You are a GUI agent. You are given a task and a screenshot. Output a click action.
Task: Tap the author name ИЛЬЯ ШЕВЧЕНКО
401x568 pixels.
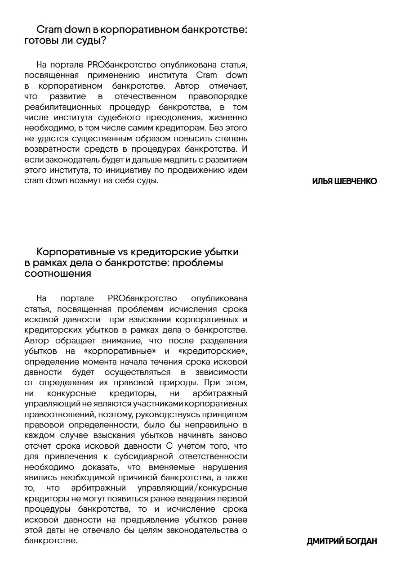pos(344,181)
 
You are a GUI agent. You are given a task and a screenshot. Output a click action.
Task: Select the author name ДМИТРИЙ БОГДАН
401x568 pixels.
pos(342,541)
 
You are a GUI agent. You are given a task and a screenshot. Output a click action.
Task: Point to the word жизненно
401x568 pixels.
pos(230,118)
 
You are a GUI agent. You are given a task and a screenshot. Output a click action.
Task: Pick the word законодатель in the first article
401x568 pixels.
pos(62,160)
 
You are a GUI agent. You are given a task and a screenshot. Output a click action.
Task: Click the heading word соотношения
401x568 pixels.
pos(58,273)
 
